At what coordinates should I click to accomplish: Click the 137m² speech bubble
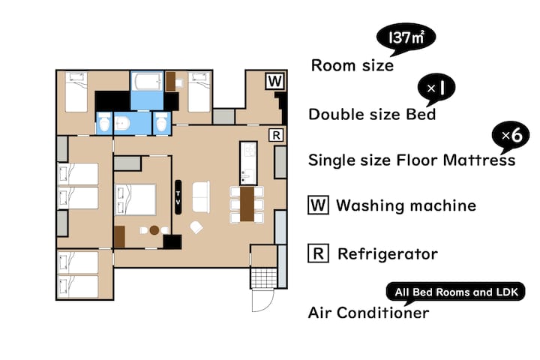click(x=406, y=37)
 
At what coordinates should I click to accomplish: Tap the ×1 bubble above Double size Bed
click(x=436, y=88)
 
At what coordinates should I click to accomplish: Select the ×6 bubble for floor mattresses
click(x=511, y=136)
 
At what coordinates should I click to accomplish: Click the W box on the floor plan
click(x=274, y=81)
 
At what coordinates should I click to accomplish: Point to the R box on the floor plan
click(x=276, y=136)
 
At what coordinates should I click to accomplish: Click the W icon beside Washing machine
click(x=318, y=205)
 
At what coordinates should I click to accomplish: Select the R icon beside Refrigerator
click(x=318, y=253)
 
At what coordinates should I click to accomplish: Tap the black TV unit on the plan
click(x=178, y=197)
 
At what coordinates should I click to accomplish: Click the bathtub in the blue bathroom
click(x=147, y=81)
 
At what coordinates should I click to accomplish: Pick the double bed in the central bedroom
click(x=135, y=199)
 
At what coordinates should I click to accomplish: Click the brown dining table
click(x=247, y=204)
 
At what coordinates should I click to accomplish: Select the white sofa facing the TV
click(x=201, y=197)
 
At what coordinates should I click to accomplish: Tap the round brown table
click(x=154, y=230)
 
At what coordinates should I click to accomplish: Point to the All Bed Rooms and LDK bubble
click(x=456, y=292)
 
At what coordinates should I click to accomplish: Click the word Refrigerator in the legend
click(x=388, y=254)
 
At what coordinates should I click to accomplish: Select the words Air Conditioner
click(x=368, y=313)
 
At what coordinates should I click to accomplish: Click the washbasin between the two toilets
click(x=122, y=123)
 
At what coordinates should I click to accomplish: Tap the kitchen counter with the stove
click(x=248, y=163)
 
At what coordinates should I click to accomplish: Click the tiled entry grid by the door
click(x=264, y=277)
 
